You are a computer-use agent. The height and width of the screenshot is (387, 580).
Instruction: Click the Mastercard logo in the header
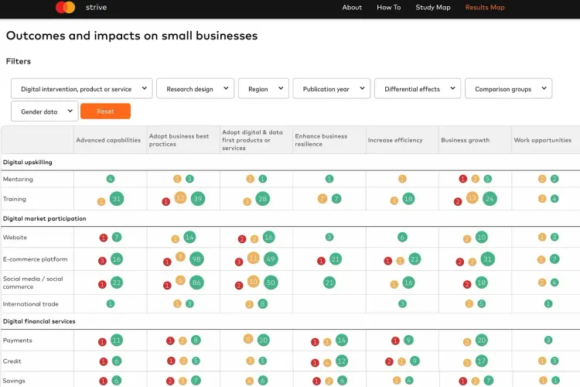[66, 8]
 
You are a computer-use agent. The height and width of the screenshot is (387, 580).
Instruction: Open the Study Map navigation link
[432, 8]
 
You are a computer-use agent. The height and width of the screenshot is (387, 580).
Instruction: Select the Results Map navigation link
[484, 8]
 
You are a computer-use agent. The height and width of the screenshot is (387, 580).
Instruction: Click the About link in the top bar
[352, 8]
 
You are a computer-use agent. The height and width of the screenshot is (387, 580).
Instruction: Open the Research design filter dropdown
[195, 89]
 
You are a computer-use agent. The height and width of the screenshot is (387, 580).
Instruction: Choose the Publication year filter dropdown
[331, 89]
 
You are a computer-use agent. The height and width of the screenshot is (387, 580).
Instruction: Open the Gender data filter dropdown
[44, 111]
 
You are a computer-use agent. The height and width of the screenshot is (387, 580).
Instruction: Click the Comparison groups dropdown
[508, 89]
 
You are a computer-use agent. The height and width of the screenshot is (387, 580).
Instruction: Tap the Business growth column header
[465, 140]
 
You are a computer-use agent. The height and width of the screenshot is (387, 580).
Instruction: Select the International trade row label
[30, 304]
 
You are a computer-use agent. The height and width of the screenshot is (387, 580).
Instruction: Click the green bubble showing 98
[196, 259]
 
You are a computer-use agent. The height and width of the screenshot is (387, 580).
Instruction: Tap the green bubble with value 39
[197, 199]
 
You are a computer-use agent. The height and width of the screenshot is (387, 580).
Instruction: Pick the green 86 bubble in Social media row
[196, 283]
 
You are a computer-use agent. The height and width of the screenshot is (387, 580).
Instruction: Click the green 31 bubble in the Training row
[117, 199]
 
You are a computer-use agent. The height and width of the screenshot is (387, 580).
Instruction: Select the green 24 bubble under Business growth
[489, 199]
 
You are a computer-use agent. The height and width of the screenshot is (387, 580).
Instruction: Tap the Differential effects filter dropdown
[418, 89]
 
